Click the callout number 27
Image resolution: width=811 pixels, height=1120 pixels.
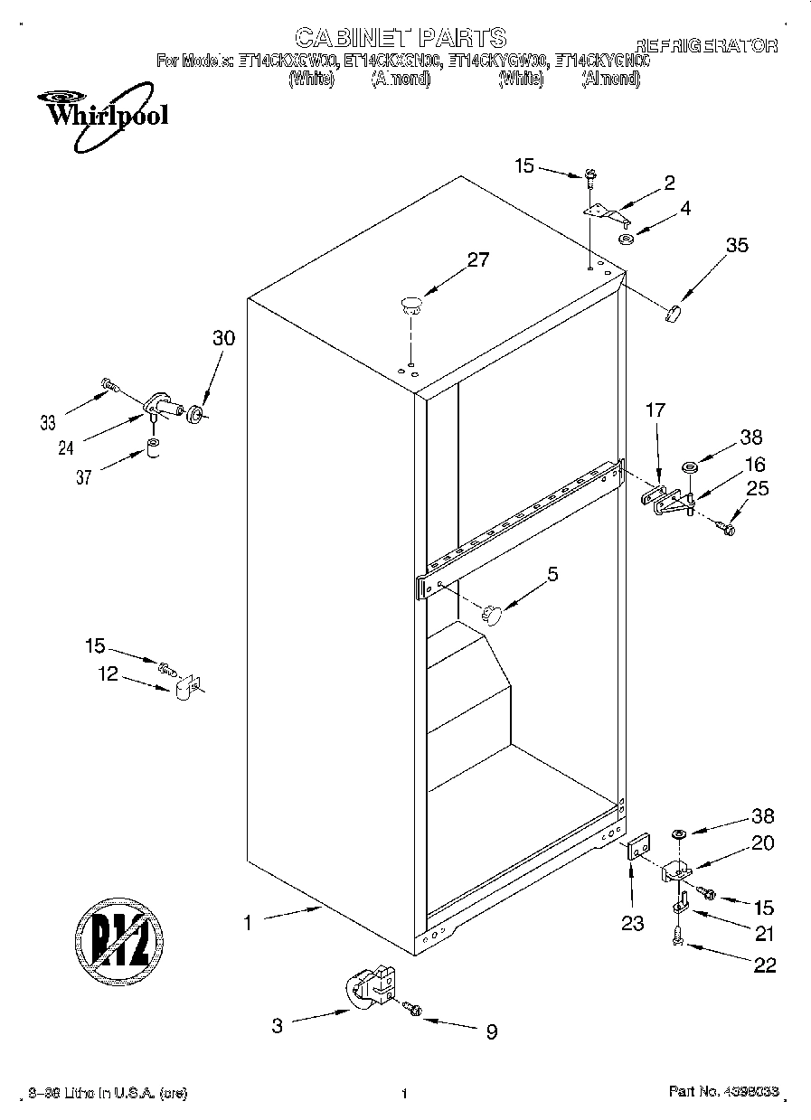pyautogui.click(x=477, y=260)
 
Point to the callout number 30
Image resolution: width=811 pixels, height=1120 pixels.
pyautogui.click(x=223, y=338)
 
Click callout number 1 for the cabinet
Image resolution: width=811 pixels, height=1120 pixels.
pyautogui.click(x=246, y=923)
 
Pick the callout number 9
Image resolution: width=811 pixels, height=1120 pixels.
pyautogui.click(x=491, y=1031)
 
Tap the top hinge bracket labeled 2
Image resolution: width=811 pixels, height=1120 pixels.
pyautogui.click(x=605, y=212)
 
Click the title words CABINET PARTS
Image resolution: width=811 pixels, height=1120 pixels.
pyautogui.click(x=401, y=37)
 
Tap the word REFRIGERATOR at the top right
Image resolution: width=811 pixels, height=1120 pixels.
pyautogui.click(x=706, y=45)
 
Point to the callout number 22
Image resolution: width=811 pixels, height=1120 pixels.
pyautogui.click(x=764, y=965)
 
